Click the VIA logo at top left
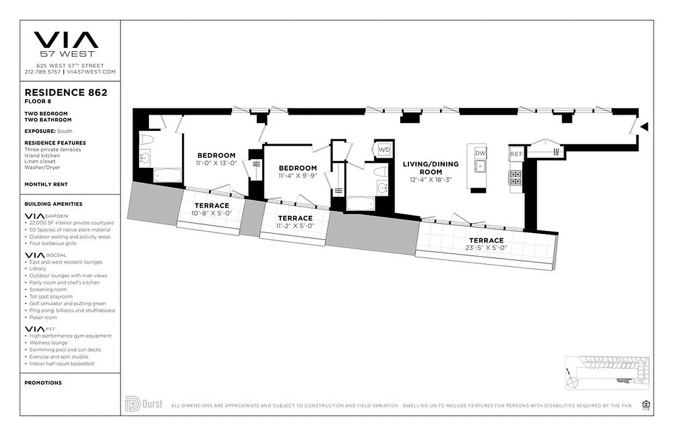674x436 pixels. (x=66, y=40)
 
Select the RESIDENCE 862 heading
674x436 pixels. (x=66, y=93)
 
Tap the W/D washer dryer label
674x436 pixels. (x=384, y=149)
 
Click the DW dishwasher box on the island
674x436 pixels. (x=480, y=153)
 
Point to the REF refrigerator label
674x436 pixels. (x=516, y=154)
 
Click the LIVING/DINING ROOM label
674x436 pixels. (x=430, y=167)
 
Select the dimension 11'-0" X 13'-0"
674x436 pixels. (x=216, y=163)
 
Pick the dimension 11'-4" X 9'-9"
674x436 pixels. (x=298, y=175)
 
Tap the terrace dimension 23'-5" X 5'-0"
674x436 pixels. (x=486, y=247)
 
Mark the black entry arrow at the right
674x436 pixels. (x=644, y=127)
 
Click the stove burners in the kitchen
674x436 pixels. (x=515, y=177)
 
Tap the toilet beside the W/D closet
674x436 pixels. (x=380, y=172)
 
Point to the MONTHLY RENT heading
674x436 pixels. (x=46, y=184)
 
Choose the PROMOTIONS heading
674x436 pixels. (x=43, y=383)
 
